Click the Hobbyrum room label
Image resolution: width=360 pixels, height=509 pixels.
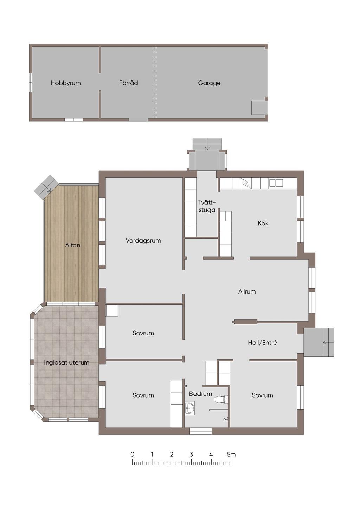pyautogui.click(x=65, y=83)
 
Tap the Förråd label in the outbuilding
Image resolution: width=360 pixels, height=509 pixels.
pyautogui.click(x=128, y=83)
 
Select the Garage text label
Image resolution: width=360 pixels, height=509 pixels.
pyautogui.click(x=209, y=83)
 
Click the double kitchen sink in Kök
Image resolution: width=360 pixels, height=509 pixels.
pyautogui.click(x=276, y=182)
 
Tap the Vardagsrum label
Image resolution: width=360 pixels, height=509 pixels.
pyautogui.click(x=143, y=241)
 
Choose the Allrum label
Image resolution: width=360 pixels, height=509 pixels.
pyautogui.click(x=247, y=291)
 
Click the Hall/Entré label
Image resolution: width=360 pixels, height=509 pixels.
pyautogui.click(x=262, y=343)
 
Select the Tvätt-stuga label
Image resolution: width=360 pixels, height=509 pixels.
pyautogui.click(x=207, y=206)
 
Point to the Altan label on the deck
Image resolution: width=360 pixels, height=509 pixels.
pyautogui.click(x=73, y=245)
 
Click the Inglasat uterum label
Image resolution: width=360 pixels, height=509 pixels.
pyautogui.click(x=66, y=362)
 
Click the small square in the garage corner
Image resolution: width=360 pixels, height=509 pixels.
pyautogui.click(x=259, y=108)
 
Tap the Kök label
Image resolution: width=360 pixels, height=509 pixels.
pyautogui.click(x=263, y=223)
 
